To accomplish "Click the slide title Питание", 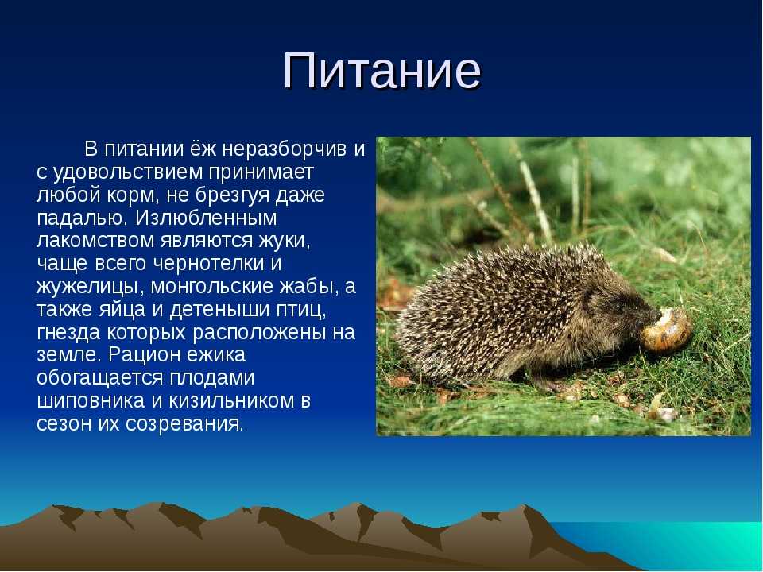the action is coord(382,71).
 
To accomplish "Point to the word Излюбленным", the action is coord(206,218).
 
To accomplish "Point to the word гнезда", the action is coord(68,332).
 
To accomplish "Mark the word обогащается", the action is coord(100,378).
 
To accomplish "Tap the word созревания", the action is coord(184,423).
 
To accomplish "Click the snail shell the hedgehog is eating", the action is coord(666,330).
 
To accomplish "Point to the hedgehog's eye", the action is coord(619,306).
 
